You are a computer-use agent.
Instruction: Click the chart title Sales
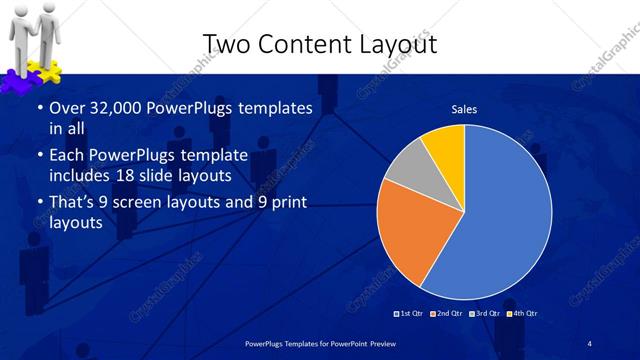pos(464,109)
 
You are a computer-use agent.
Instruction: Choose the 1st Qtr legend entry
pos(409,314)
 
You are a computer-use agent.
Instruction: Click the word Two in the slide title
pos(228,44)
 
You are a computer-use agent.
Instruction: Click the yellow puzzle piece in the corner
pos(48,72)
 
